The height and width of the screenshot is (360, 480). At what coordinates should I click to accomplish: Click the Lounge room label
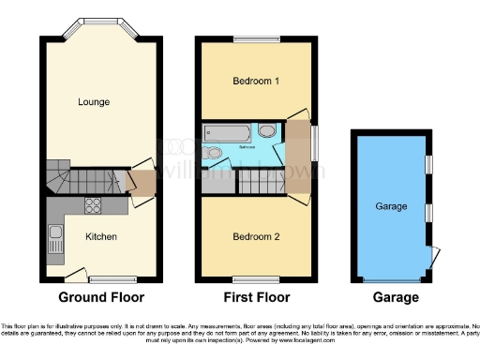pyautogui.click(x=96, y=101)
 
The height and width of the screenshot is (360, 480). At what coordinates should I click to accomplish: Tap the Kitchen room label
pyautogui.click(x=100, y=236)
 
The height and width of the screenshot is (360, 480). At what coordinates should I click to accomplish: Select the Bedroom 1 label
pyautogui.click(x=255, y=81)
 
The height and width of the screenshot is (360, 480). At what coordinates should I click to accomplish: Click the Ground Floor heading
pyautogui.click(x=101, y=298)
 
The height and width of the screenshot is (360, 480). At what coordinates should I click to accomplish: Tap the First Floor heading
pyautogui.click(x=254, y=298)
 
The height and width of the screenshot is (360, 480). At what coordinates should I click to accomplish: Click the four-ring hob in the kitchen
pyautogui.click(x=96, y=207)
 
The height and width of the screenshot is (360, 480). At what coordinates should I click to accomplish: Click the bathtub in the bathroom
pyautogui.click(x=228, y=131)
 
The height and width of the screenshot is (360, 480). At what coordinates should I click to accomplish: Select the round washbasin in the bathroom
pyautogui.click(x=267, y=131)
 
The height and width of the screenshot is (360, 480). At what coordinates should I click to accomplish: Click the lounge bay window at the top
pyautogui.click(x=95, y=22)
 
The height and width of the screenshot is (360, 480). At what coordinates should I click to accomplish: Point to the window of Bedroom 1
pyautogui.click(x=254, y=39)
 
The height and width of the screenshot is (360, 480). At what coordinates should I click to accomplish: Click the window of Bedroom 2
pyautogui.click(x=254, y=279)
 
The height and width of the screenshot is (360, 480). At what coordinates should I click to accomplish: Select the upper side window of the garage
pyautogui.click(x=427, y=164)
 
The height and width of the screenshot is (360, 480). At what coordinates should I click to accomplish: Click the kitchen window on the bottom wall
pyautogui.click(x=101, y=278)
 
